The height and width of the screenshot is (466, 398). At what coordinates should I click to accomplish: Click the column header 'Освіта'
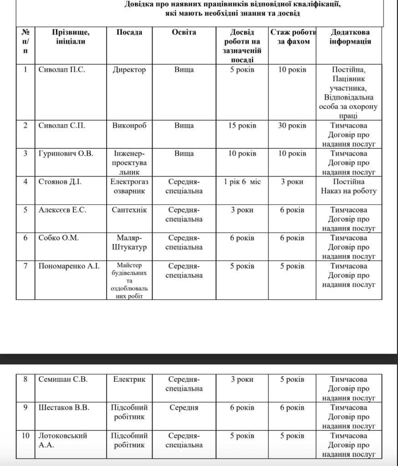pos(184,32)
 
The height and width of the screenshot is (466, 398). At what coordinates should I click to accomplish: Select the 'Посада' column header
pos(129,32)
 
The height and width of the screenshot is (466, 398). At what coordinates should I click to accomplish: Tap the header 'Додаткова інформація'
pos(350,37)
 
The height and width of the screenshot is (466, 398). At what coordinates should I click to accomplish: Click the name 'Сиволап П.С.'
pos(62,70)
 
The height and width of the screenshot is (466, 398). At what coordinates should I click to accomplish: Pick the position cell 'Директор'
pos(129,70)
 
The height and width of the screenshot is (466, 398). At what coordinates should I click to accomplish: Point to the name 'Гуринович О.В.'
pos(66,153)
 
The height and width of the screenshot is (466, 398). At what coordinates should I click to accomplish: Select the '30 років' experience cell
pos(292,126)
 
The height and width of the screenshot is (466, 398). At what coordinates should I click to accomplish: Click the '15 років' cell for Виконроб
pos(242,126)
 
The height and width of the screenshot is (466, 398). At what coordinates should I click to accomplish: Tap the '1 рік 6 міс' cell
pos(242,182)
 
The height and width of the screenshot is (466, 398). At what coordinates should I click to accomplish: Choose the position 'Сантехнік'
pos(129,210)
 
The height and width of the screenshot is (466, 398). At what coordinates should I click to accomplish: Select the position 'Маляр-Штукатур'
pos(129,243)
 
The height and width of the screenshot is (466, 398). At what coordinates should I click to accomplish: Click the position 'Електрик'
pos(129,379)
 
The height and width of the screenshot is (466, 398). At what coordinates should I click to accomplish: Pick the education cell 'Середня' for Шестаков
pos(184,407)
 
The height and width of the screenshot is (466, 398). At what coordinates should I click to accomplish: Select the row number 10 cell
pos(25,436)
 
